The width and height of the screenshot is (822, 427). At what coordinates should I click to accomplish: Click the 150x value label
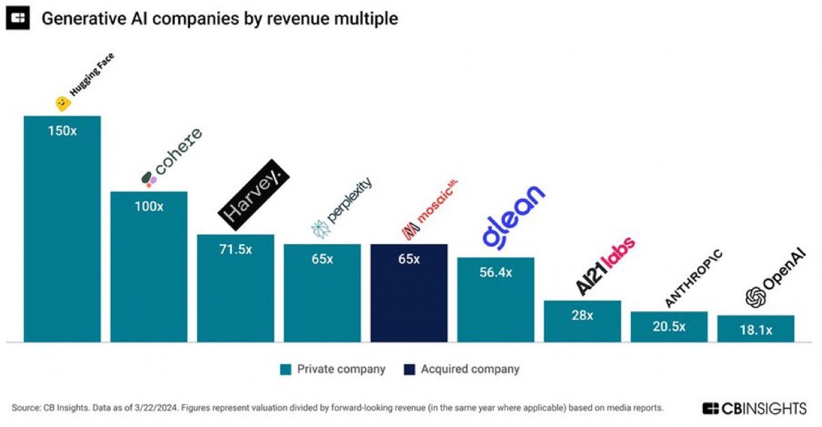click(x=62, y=131)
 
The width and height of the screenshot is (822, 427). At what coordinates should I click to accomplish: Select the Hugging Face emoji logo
click(x=63, y=103)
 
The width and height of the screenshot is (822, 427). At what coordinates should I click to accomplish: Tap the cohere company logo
click(x=171, y=158)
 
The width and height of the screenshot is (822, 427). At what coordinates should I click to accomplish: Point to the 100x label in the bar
click(x=149, y=206)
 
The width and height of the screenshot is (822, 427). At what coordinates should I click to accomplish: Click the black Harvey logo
click(x=254, y=195)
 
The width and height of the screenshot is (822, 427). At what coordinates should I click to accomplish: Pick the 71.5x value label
click(x=236, y=249)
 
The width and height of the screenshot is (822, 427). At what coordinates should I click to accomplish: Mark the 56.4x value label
click(x=496, y=272)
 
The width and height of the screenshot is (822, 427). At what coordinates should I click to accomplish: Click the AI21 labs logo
click(x=604, y=265)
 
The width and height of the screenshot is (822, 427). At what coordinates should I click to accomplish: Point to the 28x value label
click(x=582, y=315)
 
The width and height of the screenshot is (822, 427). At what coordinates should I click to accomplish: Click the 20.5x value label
click(x=669, y=326)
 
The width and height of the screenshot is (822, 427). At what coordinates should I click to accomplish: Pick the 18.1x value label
click(x=756, y=330)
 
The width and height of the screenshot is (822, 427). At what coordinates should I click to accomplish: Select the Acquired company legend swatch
click(x=409, y=369)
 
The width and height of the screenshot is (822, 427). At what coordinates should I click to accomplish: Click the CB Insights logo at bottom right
click(x=754, y=408)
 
